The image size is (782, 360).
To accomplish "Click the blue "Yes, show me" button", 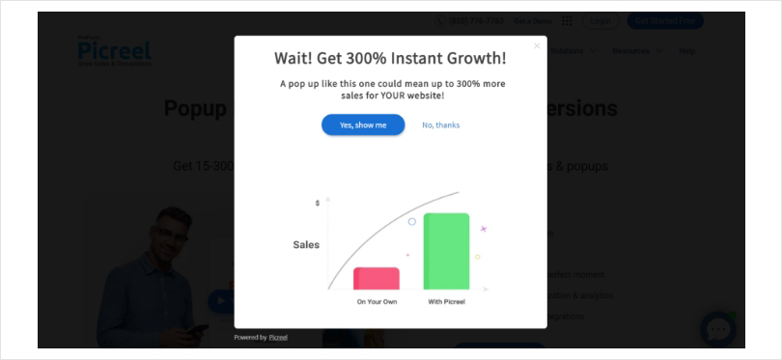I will [363, 125].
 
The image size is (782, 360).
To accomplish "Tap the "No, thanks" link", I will [440, 125].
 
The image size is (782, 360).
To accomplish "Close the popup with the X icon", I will [537, 45].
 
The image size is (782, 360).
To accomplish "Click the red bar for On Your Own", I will [377, 278].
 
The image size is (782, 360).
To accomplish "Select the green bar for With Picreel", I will [446, 251].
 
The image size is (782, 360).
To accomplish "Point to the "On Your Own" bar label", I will [377, 302].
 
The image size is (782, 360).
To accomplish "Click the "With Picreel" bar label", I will [446, 302].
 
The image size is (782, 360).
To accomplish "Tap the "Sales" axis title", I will [306, 245].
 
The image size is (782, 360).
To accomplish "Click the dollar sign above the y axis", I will [318, 203].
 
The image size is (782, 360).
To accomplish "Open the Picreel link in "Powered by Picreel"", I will [278, 337].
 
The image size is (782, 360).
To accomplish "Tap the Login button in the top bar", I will [600, 20].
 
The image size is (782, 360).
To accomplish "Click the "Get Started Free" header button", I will [665, 20].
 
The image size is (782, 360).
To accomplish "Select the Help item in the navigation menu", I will [686, 50].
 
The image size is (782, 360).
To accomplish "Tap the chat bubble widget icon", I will [717, 329].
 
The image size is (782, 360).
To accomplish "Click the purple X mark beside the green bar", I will [484, 229].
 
